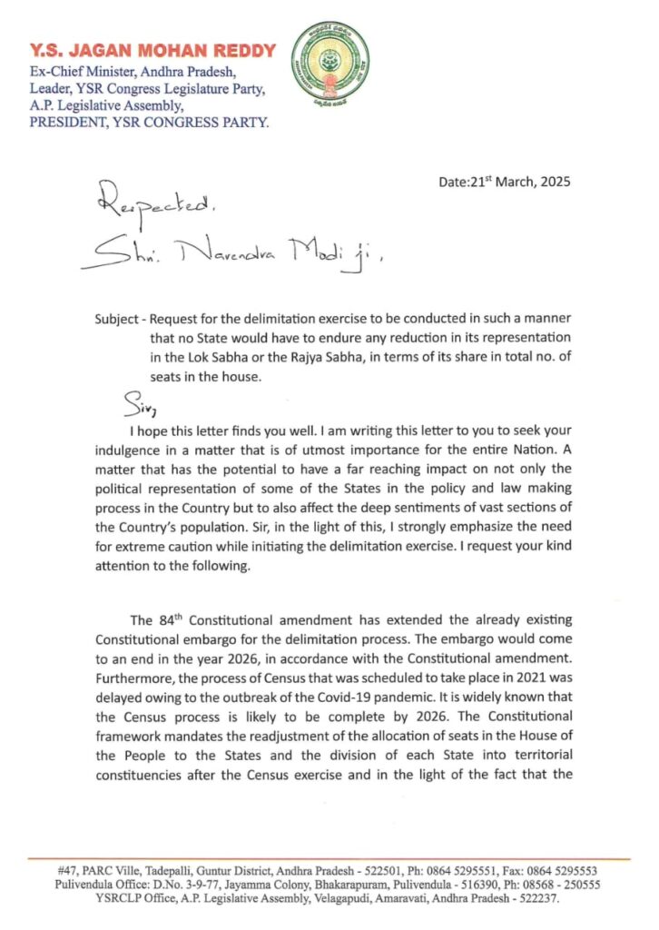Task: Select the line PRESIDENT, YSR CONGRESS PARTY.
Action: click(149, 120)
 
